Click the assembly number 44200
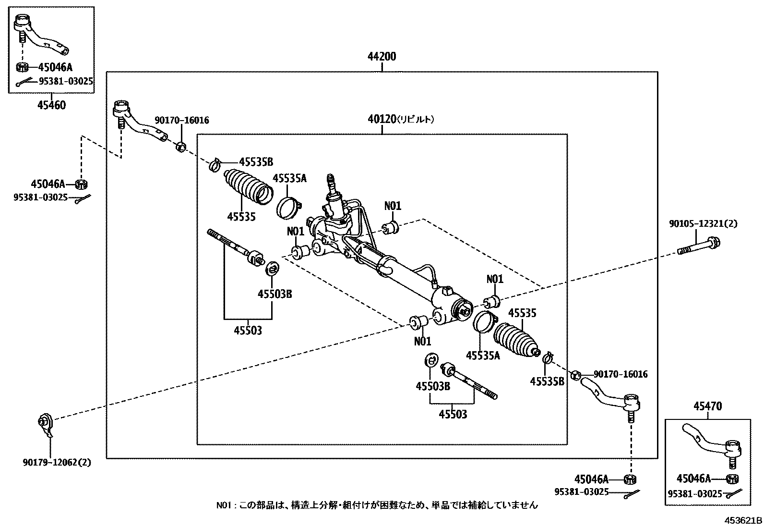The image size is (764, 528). (382, 57)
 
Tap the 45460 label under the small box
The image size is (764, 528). (51, 105)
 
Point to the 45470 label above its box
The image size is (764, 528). (707, 407)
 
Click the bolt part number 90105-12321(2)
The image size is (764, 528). (703, 224)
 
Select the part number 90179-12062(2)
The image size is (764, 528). (57, 463)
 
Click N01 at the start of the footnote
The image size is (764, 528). (224, 505)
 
